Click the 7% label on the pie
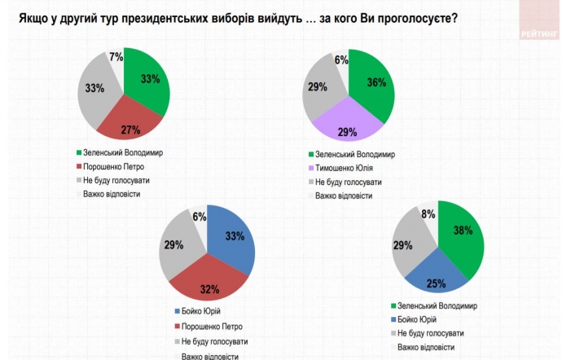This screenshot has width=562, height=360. (x=116, y=57)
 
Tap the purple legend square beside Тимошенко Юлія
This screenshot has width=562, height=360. (x=310, y=168)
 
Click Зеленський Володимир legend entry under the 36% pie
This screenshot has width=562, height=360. (x=355, y=154)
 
